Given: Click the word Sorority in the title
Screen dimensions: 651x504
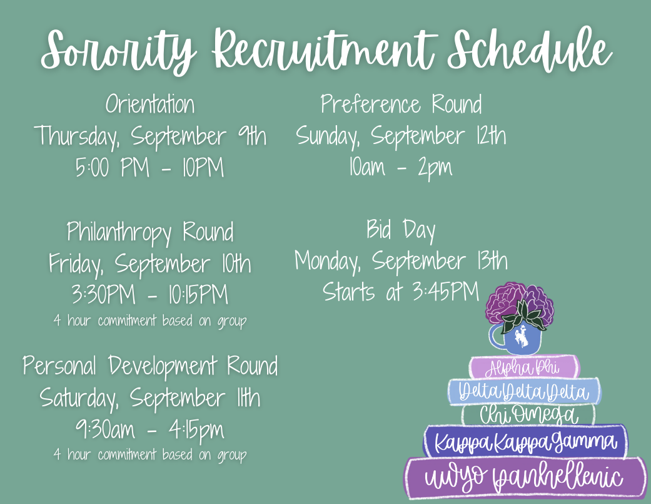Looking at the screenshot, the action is (118, 52).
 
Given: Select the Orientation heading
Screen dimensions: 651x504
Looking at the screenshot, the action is (150, 104).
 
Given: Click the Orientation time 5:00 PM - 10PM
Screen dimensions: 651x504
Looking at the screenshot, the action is (149, 167).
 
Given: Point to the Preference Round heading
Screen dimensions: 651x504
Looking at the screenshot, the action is (401, 104).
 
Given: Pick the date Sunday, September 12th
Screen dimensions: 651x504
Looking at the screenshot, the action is (401, 136).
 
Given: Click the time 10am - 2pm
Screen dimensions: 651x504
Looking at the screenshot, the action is (401, 167).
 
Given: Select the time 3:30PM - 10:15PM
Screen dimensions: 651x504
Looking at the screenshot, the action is (150, 295).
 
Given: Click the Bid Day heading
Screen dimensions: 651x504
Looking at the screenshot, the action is (401, 230).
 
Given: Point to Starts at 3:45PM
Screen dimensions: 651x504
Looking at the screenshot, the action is (401, 291).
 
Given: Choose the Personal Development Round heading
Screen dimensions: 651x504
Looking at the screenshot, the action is (150, 366).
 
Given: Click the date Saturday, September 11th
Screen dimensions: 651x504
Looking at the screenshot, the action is (150, 398).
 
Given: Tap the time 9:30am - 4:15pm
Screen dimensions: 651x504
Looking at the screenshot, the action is (150, 429).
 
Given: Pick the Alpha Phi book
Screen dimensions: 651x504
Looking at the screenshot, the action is (524, 368).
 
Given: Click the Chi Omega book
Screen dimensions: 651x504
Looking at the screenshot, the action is (528, 414).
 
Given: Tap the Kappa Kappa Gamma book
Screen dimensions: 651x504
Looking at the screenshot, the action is (525, 441).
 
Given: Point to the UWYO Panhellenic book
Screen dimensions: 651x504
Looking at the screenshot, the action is (525, 477).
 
